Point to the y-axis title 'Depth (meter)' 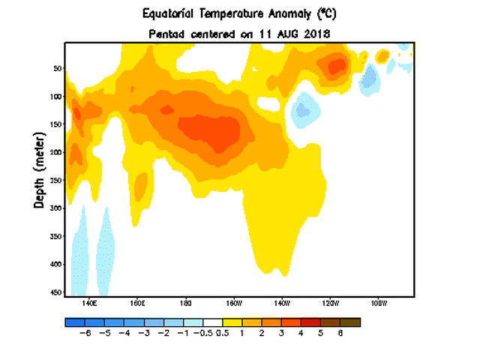tap(38, 168)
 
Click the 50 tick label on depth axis tap(56, 68)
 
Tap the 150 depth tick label tap(55, 124)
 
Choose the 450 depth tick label tap(55, 292)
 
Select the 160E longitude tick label tap(137, 304)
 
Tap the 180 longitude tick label tap(185, 304)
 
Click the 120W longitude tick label tap(330, 304)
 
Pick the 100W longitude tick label tap(378, 304)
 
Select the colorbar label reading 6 tap(340, 333)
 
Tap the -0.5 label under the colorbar tap(202, 333)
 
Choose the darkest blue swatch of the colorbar tap(74, 322)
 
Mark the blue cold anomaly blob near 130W tap(303, 111)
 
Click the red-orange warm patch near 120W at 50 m tap(335, 66)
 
